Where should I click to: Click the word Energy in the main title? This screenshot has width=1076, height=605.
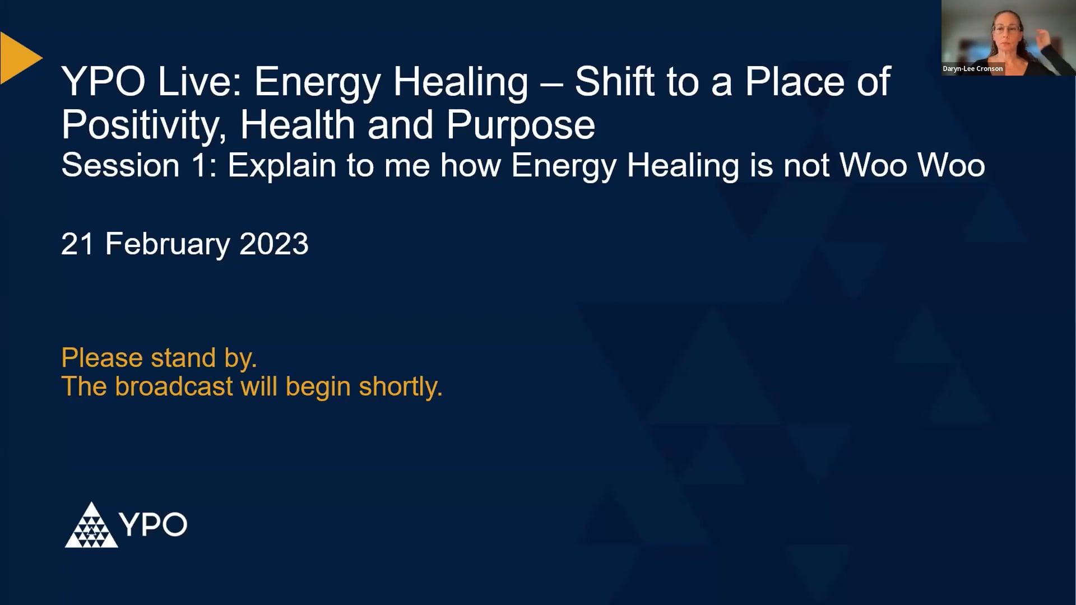pyautogui.click(x=317, y=82)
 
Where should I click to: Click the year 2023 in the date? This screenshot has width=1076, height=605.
pyautogui.click(x=274, y=244)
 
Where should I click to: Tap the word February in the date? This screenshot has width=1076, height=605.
pyautogui.click(x=168, y=244)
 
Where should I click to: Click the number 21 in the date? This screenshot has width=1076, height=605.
pyautogui.click(x=77, y=244)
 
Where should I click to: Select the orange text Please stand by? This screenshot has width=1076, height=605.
pyautogui.click(x=159, y=358)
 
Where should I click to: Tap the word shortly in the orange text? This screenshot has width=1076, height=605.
pyautogui.click(x=400, y=387)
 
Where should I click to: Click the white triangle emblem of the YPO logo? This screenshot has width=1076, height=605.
pyautogui.click(x=91, y=527)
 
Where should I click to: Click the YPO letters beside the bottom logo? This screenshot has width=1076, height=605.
pyautogui.click(x=153, y=525)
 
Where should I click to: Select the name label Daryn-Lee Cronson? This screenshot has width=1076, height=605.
pyautogui.click(x=973, y=69)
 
